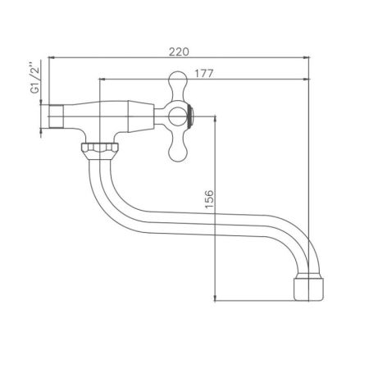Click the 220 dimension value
pos(178,51)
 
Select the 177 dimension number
pos(205,74)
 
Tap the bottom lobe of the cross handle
pos(178,148)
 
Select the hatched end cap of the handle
pos(191,115)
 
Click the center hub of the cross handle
pos(177,115)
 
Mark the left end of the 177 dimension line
pos(99,80)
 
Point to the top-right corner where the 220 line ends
pos(310,57)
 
